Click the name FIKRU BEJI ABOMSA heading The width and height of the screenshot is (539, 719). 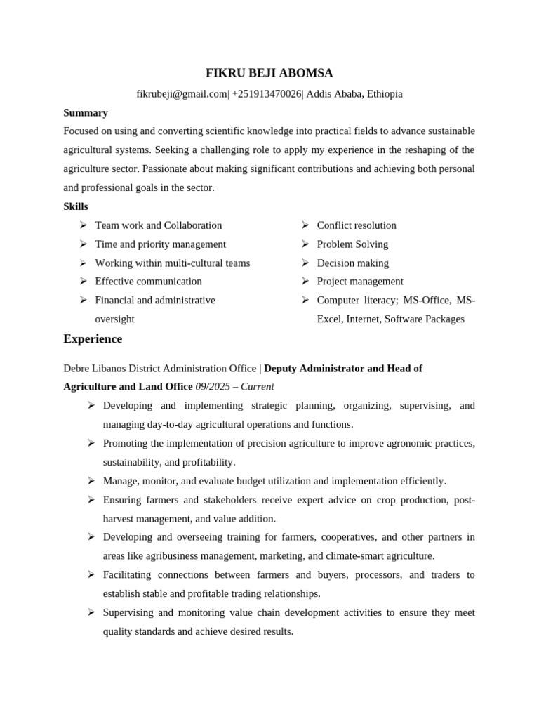269,73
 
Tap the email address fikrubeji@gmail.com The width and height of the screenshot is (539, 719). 182,93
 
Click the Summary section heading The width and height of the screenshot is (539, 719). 86,112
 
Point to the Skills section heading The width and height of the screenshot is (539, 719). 76,206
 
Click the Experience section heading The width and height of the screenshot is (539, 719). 93,339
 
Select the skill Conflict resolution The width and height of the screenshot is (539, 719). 357,225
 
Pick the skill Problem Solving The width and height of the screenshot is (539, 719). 352,244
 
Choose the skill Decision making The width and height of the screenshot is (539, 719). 352,263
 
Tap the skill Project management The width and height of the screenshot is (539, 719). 360,282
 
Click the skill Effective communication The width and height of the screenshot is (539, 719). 148,282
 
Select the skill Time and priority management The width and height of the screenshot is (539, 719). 160,244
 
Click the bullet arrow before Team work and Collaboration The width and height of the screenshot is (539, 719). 83,225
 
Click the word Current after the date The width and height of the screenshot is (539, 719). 256,387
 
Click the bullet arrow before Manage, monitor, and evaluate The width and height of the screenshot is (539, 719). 91,481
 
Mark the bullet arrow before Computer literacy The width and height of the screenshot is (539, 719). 305,301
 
